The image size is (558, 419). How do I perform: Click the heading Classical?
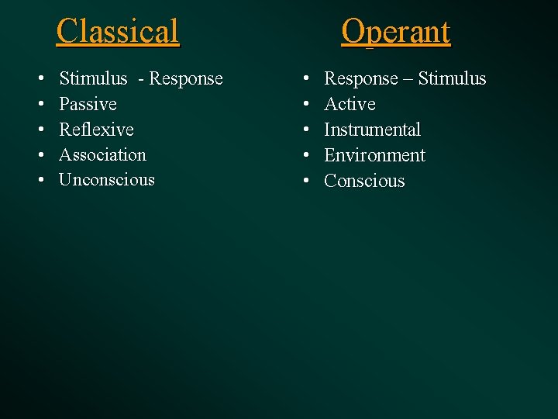(118, 32)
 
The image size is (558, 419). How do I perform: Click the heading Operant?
(396, 32)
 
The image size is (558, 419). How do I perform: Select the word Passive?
(88, 104)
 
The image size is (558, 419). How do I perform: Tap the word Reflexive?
(96, 130)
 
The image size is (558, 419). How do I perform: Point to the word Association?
(102, 154)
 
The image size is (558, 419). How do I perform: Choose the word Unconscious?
(107, 180)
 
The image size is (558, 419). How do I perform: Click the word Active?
(350, 104)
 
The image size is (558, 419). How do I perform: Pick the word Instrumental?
(372, 130)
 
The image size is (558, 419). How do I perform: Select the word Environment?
(374, 155)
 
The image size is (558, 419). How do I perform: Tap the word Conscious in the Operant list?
(364, 181)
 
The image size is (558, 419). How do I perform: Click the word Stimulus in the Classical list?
(93, 79)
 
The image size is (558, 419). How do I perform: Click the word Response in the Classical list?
(186, 79)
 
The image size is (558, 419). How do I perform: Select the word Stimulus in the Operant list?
(453, 79)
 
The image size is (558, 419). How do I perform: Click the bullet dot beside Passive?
(40, 105)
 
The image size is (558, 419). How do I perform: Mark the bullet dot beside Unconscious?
(40, 181)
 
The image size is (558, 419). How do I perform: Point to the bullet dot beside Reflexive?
(40, 130)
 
